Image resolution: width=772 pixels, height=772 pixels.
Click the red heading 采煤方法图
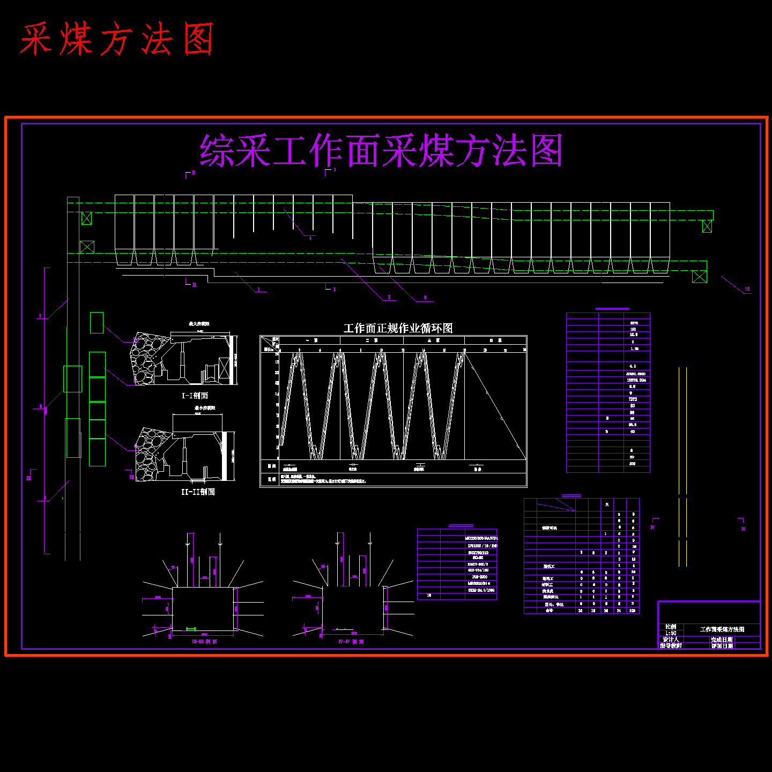pyautogui.click(x=117, y=39)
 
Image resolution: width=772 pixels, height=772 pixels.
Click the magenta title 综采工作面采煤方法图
pyautogui.click(x=381, y=151)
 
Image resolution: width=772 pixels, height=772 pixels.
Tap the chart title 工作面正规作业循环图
pyautogui.click(x=398, y=328)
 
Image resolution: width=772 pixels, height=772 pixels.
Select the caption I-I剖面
pyautogui.click(x=195, y=396)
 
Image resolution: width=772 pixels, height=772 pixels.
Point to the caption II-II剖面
pyautogui.click(x=198, y=492)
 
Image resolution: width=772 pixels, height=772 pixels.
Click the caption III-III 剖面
pyautogui.click(x=204, y=641)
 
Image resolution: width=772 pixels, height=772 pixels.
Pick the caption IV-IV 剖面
pyautogui.click(x=351, y=641)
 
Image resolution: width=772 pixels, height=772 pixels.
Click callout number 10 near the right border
pyautogui.click(x=747, y=289)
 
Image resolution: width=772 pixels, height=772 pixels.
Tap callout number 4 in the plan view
pyautogui.click(x=310, y=238)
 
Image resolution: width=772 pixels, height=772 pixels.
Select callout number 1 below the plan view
pyautogui.click(x=258, y=289)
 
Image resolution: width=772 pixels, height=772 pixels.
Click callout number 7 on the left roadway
pyautogui.click(x=40, y=316)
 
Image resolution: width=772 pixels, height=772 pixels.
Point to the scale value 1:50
pyautogui.click(x=671, y=633)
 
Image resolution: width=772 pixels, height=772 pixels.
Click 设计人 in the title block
pyautogui.click(x=671, y=640)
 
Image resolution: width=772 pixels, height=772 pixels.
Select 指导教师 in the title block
pyautogui.click(x=671, y=646)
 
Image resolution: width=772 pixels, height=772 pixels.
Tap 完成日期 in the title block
pyautogui.click(x=722, y=640)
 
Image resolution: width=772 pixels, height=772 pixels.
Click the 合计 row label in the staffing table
pyautogui.click(x=549, y=611)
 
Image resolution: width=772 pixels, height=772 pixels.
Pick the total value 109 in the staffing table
pyautogui.click(x=633, y=611)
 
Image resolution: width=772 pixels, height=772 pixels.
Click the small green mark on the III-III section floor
pyautogui.click(x=190, y=629)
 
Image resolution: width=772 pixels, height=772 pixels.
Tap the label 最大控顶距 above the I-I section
pyautogui.click(x=199, y=324)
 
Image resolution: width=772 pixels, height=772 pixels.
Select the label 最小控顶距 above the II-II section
pyautogui.click(x=205, y=408)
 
